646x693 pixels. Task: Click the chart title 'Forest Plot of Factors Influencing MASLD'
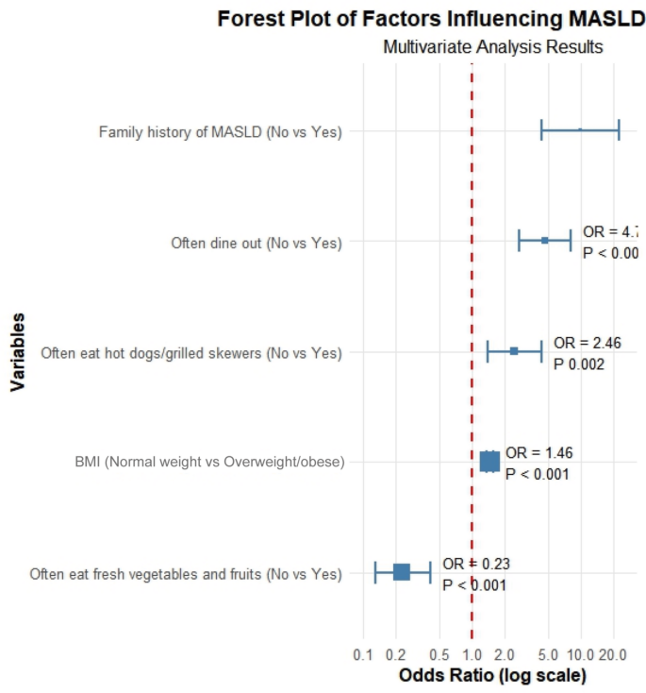430,18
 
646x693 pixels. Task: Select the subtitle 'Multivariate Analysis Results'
492,46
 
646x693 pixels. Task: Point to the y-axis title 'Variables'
17,351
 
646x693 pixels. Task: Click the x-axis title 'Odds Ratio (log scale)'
492,676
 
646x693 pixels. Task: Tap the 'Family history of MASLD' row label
220,131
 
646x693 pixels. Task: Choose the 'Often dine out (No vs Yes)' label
256,243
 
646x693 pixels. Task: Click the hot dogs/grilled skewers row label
190,353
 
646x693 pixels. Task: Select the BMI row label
208,463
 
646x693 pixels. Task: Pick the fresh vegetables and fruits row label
185,573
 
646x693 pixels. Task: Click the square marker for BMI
489,461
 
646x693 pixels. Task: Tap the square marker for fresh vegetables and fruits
402,571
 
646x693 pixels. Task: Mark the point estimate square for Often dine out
545,241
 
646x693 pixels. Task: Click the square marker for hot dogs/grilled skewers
514,350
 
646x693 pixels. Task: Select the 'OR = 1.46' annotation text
538,452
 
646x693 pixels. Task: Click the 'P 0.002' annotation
578,363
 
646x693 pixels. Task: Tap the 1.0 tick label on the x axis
472,655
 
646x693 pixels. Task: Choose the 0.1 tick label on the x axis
362,655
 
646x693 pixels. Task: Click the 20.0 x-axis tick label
614,655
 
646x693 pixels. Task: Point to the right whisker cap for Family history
619,130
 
